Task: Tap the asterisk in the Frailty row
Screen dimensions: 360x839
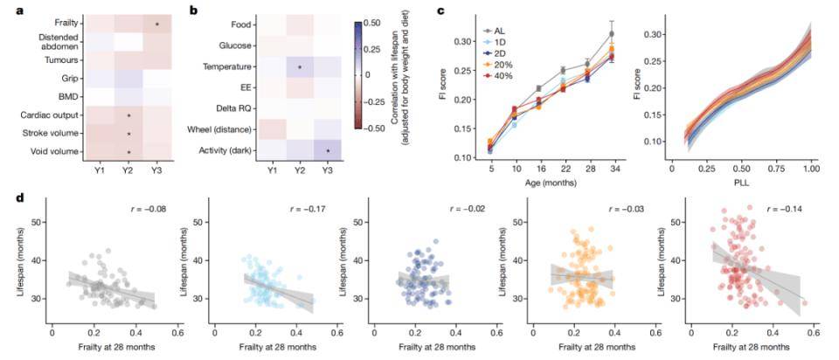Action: (x=156, y=24)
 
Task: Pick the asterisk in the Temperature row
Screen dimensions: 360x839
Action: (x=300, y=66)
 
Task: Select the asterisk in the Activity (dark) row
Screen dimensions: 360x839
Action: (x=328, y=150)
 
